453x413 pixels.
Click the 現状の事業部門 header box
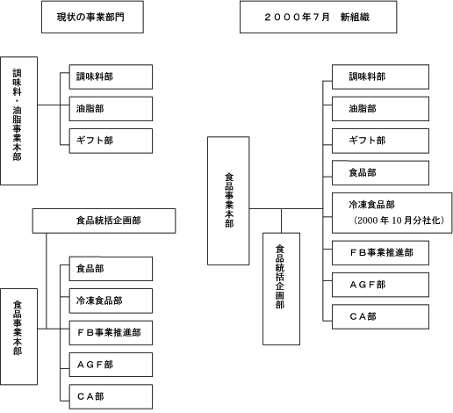pyautogui.click(x=92, y=17)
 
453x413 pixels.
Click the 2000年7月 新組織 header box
pyautogui.click(x=318, y=17)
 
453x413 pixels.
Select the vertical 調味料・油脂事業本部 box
pyautogui.click(x=18, y=120)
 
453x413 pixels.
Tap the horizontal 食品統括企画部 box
pyautogui.click(x=104, y=221)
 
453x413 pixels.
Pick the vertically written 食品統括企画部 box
pyautogui.click(x=281, y=289)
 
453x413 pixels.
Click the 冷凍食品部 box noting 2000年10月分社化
pyautogui.click(x=392, y=213)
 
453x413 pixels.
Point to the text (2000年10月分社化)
pyautogui.click(x=399, y=221)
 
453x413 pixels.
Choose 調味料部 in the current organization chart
pyautogui.click(x=111, y=76)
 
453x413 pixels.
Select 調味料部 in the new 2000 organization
pyautogui.click(x=380, y=76)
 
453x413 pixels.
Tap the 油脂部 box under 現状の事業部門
pyautogui.click(x=111, y=109)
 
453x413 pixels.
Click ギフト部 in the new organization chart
pyautogui.click(x=380, y=141)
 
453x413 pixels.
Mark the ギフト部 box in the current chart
pyautogui.click(x=111, y=141)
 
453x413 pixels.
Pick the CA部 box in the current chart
pyautogui.click(x=111, y=397)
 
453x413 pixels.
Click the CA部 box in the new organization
pyautogui.click(x=380, y=316)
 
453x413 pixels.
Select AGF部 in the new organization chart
pyautogui.click(x=380, y=285)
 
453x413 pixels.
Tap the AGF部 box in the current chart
pyautogui.click(x=111, y=365)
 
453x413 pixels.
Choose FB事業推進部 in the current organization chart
pyautogui.click(x=111, y=333)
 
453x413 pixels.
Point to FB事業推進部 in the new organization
pyautogui.click(x=380, y=253)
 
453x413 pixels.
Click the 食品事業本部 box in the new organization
pyautogui.click(x=228, y=200)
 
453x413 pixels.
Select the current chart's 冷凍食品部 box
pyautogui.click(x=111, y=301)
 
